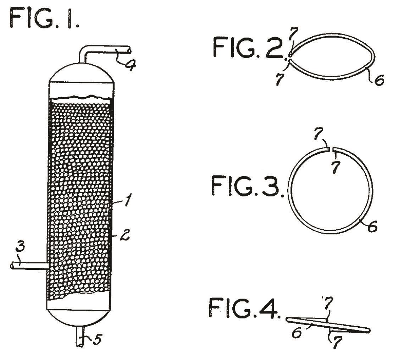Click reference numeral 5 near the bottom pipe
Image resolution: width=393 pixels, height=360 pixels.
(97, 340)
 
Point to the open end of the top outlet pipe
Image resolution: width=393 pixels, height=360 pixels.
(129, 49)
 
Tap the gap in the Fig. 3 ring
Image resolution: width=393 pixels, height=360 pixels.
(331, 149)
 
